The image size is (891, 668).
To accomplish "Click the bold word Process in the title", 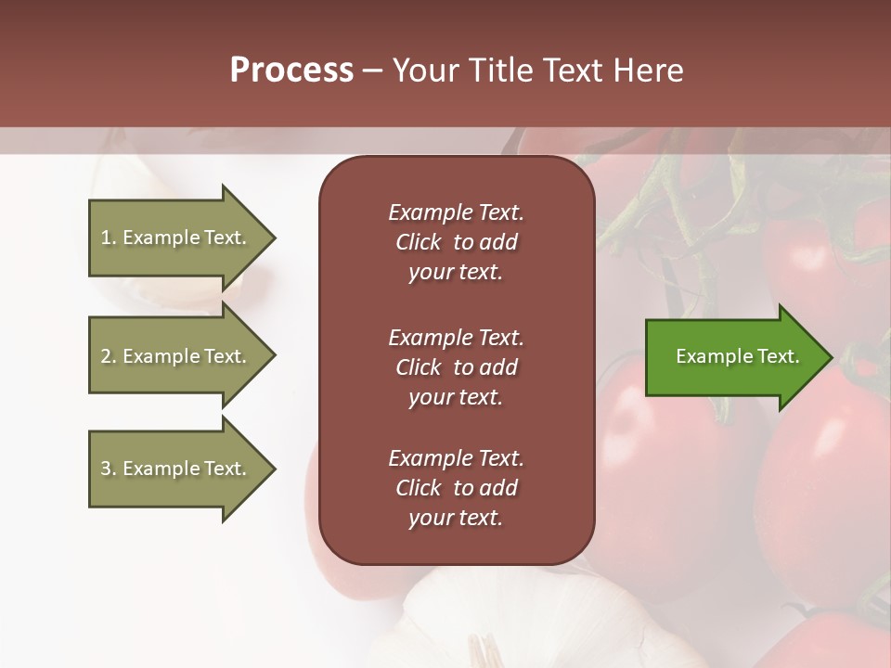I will pyautogui.click(x=291, y=71).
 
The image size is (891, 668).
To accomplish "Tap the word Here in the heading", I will pyautogui.click(x=647, y=71).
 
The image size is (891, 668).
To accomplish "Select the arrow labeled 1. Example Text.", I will pyautogui.click(x=176, y=238).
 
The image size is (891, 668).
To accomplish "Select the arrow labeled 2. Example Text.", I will pyautogui.click(x=176, y=356).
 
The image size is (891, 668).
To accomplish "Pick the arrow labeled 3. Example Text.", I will pyautogui.click(x=176, y=469).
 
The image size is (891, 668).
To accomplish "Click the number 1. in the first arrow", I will pyautogui.click(x=109, y=238).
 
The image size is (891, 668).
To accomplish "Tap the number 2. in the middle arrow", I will pyautogui.click(x=109, y=356).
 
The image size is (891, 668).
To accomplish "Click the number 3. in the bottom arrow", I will pyautogui.click(x=109, y=469).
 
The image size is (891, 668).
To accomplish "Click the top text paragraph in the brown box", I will pyautogui.click(x=456, y=242).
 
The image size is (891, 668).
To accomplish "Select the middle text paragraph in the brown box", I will pyautogui.click(x=456, y=367).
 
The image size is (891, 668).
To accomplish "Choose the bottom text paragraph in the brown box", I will pyautogui.click(x=456, y=488).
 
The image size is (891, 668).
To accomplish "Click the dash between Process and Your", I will pyautogui.click(x=373, y=71).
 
